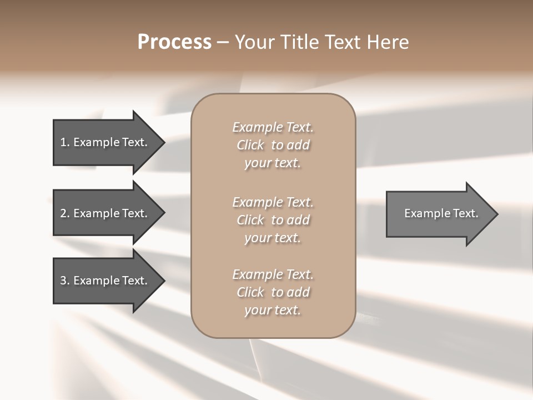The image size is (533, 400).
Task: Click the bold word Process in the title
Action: click(x=174, y=42)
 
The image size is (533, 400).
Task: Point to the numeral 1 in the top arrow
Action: click(x=63, y=142)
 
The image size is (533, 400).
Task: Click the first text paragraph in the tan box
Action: click(x=273, y=145)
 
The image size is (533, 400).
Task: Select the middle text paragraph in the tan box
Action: click(x=273, y=219)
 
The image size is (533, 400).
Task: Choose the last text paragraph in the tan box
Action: click(x=273, y=292)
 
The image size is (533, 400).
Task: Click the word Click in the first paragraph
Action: click(x=250, y=145)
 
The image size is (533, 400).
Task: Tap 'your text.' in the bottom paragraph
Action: click(x=273, y=310)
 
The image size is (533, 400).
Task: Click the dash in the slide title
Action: click(x=223, y=42)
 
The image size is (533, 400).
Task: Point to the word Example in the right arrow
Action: click(x=423, y=213)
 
